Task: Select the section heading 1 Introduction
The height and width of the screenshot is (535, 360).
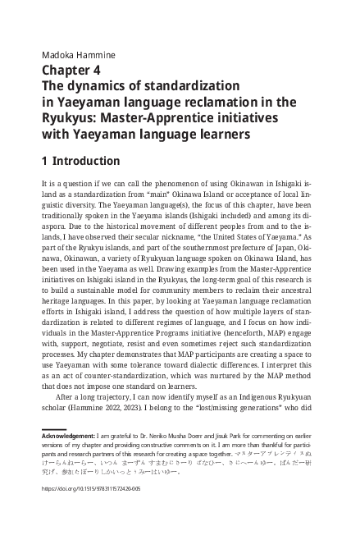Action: pos(80,161)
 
